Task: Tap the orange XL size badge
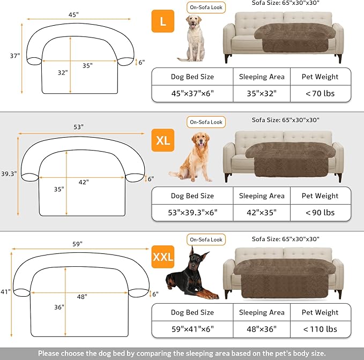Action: (163, 140)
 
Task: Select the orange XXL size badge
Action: (163, 257)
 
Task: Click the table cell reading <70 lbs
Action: (320, 93)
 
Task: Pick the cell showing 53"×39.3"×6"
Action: (192, 212)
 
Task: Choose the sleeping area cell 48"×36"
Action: (262, 328)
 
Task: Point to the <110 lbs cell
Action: (320, 328)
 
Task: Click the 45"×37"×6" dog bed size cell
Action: (192, 93)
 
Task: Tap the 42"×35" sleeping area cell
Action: (262, 212)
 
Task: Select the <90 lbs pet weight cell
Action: (320, 212)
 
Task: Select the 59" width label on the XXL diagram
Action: (78, 244)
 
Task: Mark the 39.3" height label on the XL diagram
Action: (9, 174)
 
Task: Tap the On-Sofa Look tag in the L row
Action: (206, 7)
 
